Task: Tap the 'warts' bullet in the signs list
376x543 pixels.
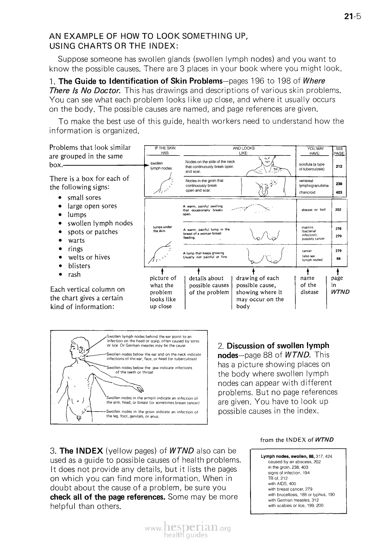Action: point(76,241)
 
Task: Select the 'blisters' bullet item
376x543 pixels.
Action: point(79,266)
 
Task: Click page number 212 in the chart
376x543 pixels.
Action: point(339,167)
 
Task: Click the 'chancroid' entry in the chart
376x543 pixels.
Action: point(308,193)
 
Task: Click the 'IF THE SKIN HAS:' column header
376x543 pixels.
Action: point(164,151)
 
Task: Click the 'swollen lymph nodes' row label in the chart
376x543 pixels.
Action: point(160,165)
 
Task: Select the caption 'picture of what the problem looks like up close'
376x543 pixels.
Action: point(163,292)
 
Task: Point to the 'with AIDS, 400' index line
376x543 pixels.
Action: point(282,484)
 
